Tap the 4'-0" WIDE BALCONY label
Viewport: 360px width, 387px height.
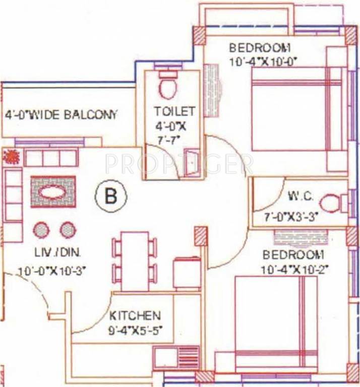point(61,114)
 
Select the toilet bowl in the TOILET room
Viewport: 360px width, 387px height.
point(167,86)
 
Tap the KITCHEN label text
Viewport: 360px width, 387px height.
point(135,316)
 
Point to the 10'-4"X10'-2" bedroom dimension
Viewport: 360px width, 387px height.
point(294,270)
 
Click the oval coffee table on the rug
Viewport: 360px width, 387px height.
point(52,192)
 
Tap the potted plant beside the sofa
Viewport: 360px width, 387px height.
point(11,157)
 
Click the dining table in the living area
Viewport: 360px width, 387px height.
point(135,261)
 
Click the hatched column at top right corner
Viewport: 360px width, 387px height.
point(351,35)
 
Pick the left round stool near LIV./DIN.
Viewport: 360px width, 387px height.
point(42,230)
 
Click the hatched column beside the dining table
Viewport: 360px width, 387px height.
point(201,235)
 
